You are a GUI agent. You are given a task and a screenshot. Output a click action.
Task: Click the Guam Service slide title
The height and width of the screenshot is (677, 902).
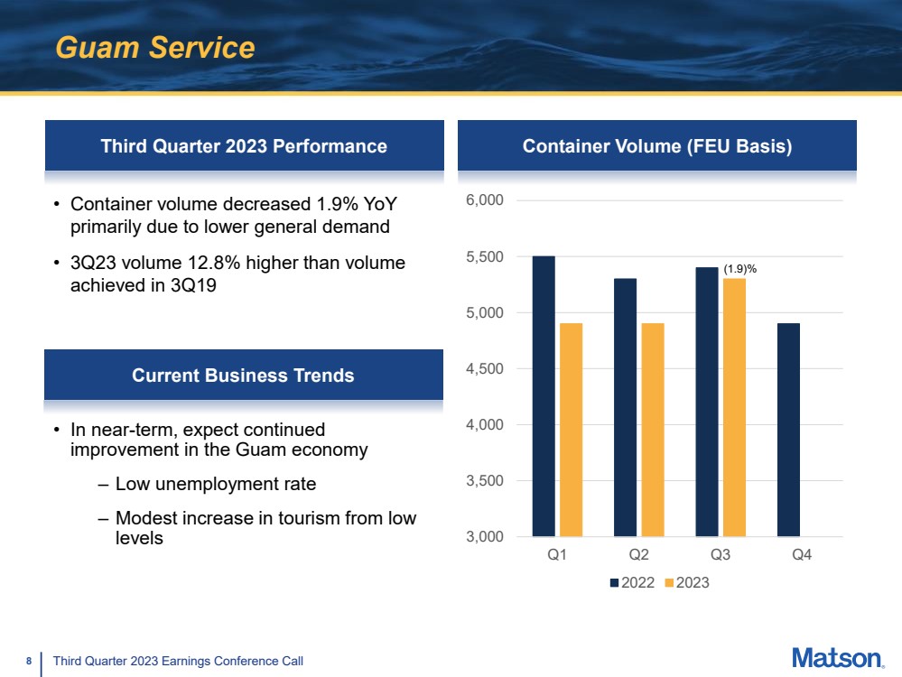point(155,47)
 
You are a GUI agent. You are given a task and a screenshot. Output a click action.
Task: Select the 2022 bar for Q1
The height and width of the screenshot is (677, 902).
point(544,396)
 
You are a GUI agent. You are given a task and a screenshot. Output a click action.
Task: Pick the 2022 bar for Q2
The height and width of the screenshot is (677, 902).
point(625,407)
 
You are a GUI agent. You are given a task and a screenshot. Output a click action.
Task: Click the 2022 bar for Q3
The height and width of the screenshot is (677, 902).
point(706,402)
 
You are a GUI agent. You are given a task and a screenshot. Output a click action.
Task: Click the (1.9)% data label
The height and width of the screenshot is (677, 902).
point(740,268)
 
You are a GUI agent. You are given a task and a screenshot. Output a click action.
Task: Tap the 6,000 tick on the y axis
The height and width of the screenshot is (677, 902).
point(486,200)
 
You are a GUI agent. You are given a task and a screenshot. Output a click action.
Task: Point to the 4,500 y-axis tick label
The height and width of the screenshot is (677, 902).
point(486,368)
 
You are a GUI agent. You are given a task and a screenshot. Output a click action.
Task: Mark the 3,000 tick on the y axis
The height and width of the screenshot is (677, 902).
point(486,537)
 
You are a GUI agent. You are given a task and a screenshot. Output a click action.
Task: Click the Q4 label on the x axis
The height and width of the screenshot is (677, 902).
point(801,556)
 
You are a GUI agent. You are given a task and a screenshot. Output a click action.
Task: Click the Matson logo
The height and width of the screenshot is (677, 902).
point(837,658)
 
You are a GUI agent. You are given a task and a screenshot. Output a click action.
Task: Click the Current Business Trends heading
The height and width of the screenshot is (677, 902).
point(243,375)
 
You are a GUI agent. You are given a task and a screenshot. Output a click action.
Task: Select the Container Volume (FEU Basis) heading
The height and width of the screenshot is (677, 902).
point(657,146)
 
